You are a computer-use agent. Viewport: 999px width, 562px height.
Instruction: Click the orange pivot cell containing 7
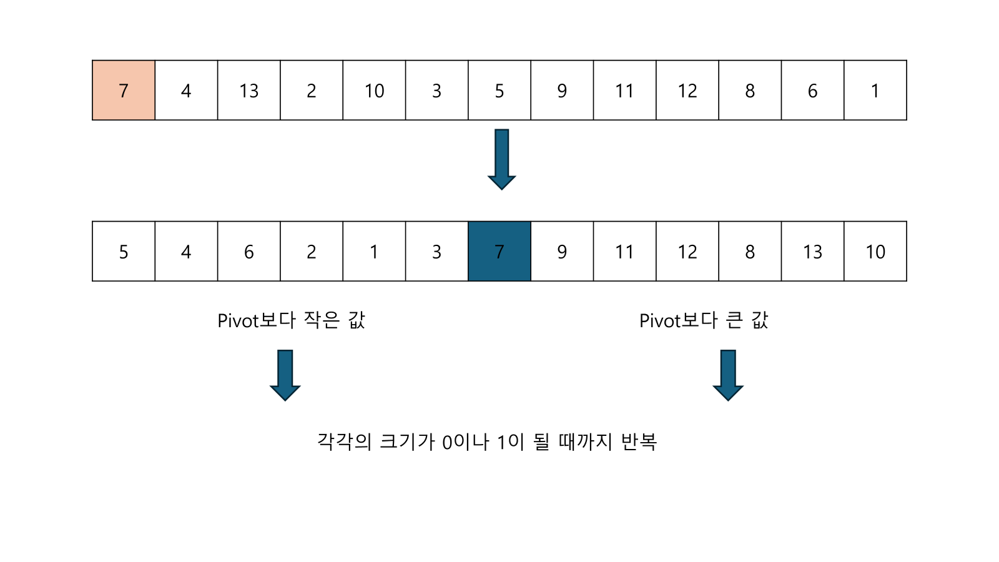(124, 91)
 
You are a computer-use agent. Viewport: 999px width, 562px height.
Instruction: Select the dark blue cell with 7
(499, 252)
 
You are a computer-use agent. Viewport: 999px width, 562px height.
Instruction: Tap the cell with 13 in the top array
(249, 91)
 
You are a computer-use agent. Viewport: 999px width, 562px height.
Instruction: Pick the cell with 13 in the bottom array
(812, 252)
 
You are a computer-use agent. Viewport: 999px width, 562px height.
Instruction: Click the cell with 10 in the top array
(374, 91)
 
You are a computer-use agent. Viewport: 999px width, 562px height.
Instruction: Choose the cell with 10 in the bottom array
(875, 252)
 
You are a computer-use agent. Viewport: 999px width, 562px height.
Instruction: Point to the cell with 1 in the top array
(875, 91)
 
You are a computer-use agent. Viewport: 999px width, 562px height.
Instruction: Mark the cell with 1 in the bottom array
(374, 252)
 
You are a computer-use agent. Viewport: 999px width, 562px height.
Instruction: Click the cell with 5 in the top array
(499, 91)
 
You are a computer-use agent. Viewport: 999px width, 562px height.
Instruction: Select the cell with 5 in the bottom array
(124, 252)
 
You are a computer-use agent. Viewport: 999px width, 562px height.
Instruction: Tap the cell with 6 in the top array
(812, 91)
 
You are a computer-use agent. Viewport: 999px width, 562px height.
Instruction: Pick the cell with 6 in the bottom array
(249, 252)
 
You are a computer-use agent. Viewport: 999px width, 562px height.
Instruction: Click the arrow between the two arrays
(501, 159)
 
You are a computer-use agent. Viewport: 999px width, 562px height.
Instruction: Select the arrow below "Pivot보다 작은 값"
(285, 375)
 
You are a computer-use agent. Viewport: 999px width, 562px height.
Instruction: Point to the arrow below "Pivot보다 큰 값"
(728, 375)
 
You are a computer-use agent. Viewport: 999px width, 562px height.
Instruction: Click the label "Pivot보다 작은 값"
(291, 320)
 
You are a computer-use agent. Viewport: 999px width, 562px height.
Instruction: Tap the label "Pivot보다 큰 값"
(704, 320)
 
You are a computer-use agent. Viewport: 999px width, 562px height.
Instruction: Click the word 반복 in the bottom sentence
(639, 441)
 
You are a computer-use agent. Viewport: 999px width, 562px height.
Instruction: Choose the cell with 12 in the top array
(687, 91)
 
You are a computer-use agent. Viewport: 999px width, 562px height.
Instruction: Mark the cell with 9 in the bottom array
(562, 252)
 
